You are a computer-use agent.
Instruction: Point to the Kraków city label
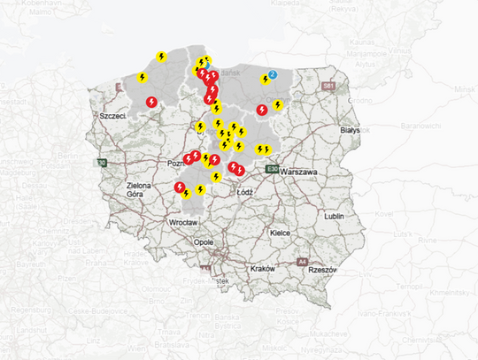pyautogui.click(x=263, y=268)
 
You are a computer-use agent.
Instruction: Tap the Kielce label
pyautogui.click(x=281, y=233)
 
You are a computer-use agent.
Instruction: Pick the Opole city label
pyautogui.click(x=204, y=241)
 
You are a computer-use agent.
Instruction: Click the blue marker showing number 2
pyautogui.click(x=273, y=74)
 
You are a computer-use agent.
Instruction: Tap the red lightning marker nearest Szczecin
pyautogui.click(x=151, y=102)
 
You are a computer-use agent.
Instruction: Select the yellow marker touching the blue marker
pyautogui.click(x=265, y=80)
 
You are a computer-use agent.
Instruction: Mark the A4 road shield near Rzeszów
pyautogui.click(x=302, y=263)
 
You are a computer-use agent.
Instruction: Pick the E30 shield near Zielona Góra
pyautogui.click(x=102, y=163)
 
